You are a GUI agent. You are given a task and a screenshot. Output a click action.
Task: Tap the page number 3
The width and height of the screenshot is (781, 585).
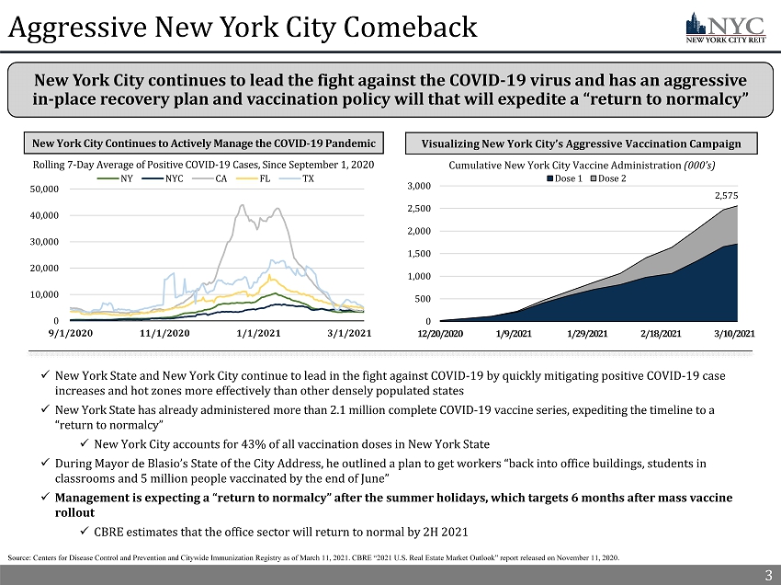coord(768,576)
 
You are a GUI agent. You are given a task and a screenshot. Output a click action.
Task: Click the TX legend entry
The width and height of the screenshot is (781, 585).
coord(308,178)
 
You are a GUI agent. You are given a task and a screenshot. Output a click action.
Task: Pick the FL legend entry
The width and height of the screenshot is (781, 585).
coord(265,178)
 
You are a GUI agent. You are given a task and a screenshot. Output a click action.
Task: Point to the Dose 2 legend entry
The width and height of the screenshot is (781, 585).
coord(607,178)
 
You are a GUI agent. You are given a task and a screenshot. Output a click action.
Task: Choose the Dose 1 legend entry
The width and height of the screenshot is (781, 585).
coord(564,178)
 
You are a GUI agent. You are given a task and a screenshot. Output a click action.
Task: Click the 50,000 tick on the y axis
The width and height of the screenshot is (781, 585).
coord(45,189)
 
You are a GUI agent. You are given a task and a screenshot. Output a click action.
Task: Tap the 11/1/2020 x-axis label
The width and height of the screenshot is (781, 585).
coord(165,333)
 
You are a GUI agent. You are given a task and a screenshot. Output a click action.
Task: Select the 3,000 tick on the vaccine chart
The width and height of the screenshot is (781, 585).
coord(419,187)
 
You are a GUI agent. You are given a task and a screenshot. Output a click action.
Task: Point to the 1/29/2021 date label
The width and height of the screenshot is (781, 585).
coord(586,333)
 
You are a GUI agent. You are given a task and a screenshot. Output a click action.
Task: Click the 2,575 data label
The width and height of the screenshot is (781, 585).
coord(726,195)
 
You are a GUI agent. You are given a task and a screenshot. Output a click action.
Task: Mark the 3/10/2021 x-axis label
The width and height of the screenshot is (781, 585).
coord(735,333)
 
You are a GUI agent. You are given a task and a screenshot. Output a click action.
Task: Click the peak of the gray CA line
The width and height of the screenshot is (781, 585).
coord(242,205)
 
